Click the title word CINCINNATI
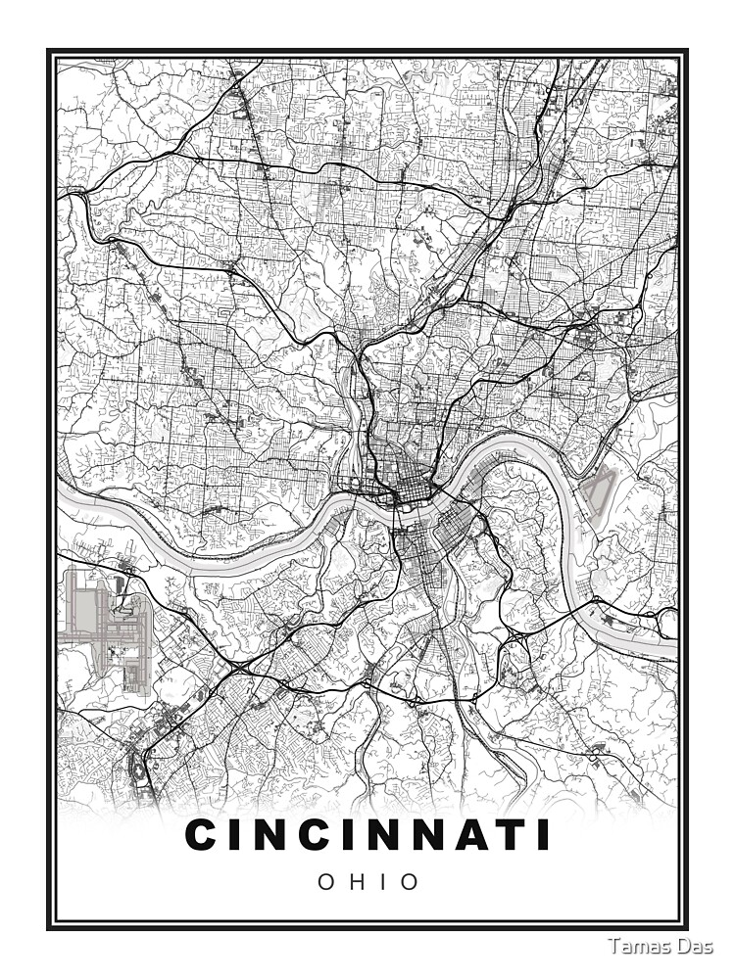[x=367, y=836]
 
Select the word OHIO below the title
[x=367, y=882]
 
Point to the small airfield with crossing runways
[x=598, y=489]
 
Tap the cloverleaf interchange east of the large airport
[x=238, y=668]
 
